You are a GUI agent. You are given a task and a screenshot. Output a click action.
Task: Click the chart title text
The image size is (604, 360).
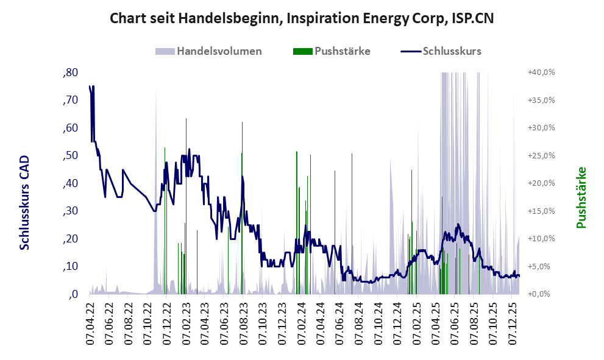302,18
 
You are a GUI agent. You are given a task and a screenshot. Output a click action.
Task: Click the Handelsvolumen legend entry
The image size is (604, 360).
219,51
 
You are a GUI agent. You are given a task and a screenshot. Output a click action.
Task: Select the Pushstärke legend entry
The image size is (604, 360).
342,51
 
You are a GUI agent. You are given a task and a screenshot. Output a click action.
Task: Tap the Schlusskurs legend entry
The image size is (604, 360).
452,51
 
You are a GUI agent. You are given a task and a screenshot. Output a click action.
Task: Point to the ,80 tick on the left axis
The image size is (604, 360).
70,72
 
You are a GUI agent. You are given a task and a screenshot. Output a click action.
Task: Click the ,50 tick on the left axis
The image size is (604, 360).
70,156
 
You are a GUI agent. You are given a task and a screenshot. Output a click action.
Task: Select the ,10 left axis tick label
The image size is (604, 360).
70,267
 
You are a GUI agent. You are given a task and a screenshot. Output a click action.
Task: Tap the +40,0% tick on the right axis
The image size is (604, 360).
541,72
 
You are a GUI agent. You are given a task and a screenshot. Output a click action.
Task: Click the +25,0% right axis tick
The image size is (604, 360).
541,156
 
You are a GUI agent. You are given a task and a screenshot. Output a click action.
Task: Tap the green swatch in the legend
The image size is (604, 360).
302,51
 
